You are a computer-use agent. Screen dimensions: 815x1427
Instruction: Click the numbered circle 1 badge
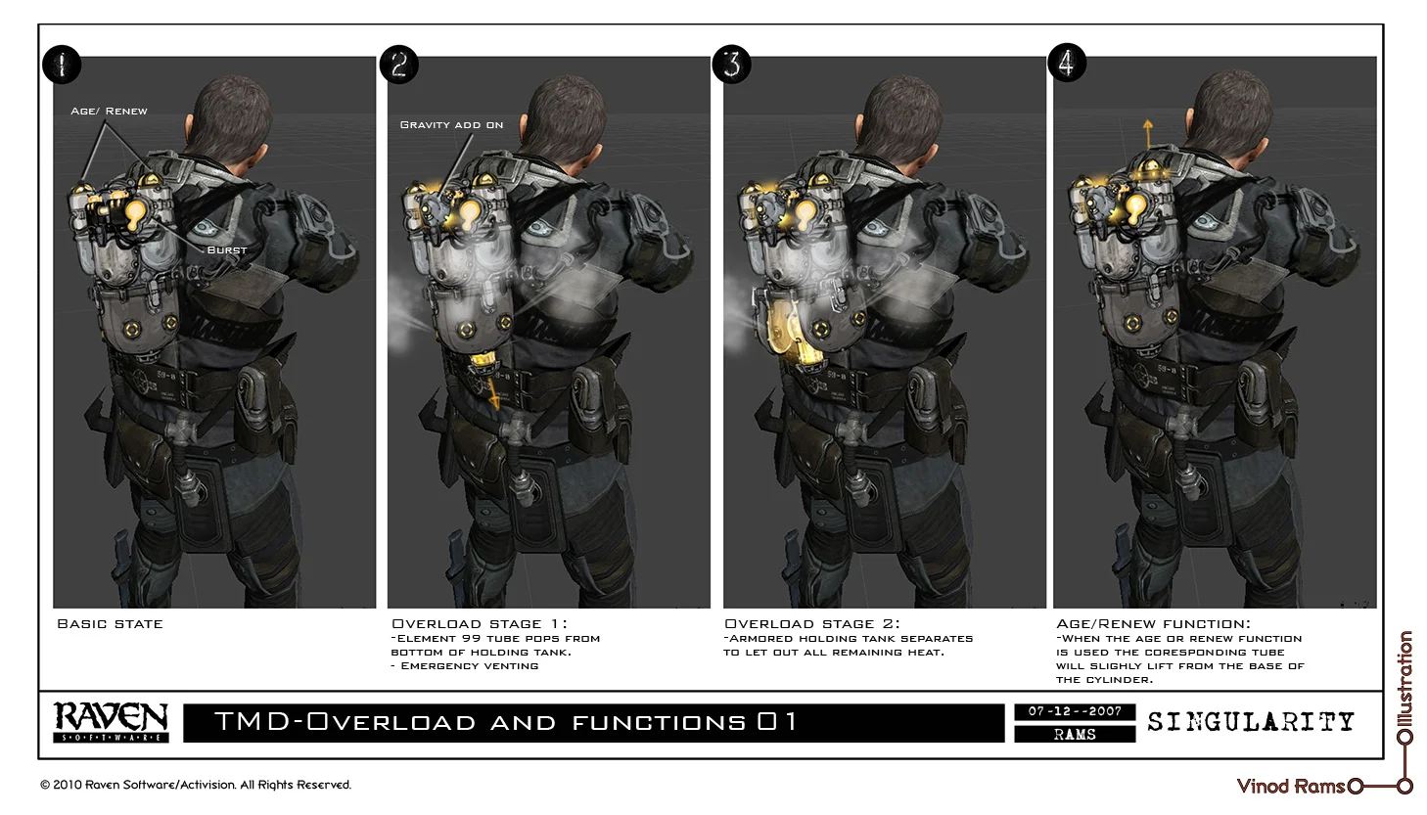[x=62, y=66]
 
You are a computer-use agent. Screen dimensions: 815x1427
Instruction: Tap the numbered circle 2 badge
[x=398, y=65]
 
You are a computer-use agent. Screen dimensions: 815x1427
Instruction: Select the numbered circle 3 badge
[x=732, y=65]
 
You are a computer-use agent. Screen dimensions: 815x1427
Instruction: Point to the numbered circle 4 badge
[x=1067, y=64]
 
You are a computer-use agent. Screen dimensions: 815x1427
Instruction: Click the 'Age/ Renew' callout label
[x=109, y=112]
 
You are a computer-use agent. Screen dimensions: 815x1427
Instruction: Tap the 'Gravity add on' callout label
[x=451, y=125]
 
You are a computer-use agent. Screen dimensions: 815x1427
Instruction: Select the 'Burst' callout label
[x=227, y=250]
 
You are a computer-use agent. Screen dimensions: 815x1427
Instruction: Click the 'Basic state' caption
[x=110, y=624]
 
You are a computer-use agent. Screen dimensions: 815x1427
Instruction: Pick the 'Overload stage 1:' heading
[x=479, y=624]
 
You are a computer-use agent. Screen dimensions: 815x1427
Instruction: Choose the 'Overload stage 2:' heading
[x=811, y=624]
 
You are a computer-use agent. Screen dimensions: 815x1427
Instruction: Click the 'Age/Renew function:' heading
[x=1153, y=624]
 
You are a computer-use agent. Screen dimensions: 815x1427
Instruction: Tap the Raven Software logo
[x=111, y=722]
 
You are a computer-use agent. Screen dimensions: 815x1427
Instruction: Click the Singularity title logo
[x=1251, y=722]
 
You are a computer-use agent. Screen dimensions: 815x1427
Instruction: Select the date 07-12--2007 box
[x=1075, y=712]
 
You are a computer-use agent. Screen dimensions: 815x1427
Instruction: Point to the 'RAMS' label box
[x=1075, y=734]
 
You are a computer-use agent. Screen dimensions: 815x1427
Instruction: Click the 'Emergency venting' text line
[x=469, y=666]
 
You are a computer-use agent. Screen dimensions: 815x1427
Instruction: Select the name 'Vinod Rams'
[x=1290, y=786]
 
